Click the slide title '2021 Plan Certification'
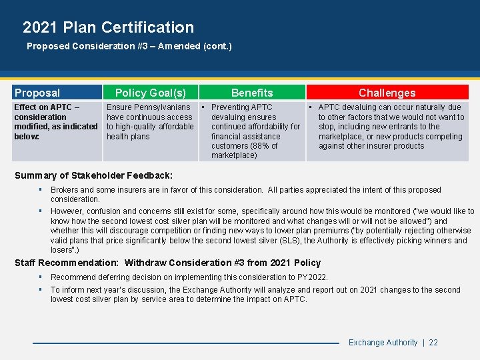(108, 27)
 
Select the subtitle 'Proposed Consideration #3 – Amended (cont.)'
(129, 47)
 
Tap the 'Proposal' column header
(37, 93)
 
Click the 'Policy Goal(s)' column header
(151, 93)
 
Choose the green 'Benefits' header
(252, 93)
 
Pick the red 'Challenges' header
(387, 93)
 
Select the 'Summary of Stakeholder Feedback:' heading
(93, 175)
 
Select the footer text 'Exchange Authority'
(383, 343)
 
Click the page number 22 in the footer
(433, 343)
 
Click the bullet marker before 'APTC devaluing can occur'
(311, 107)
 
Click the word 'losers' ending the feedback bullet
(61, 250)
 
